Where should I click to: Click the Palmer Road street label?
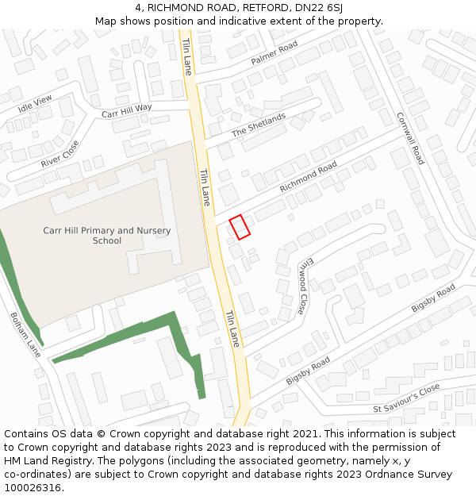(x=274, y=53)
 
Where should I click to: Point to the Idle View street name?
(x=35, y=103)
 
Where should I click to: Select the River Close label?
(x=60, y=153)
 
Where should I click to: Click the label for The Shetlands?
(x=259, y=125)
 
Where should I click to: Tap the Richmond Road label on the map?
(x=309, y=177)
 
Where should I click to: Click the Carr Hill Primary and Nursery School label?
(x=106, y=236)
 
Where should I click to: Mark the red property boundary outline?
(x=240, y=227)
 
